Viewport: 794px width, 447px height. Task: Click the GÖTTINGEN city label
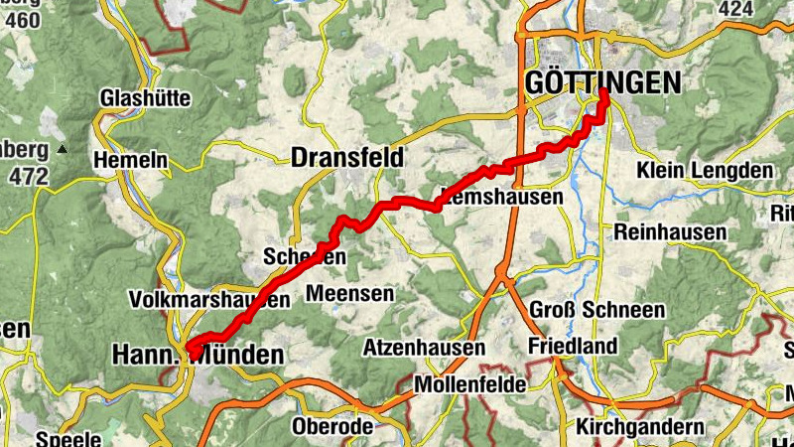[x=603, y=83]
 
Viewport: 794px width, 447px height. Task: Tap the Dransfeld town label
[x=347, y=157]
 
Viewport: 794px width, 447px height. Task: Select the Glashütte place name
[x=145, y=99]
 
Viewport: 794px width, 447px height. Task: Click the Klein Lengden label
[x=705, y=171]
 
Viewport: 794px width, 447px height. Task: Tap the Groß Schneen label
[x=597, y=310]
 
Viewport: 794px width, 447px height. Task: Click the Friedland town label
[x=574, y=347]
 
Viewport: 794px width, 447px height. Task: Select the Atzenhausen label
[x=424, y=348]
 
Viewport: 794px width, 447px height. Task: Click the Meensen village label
[x=350, y=294]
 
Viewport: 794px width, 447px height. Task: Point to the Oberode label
[x=332, y=427]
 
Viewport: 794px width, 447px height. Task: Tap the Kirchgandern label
[x=640, y=427]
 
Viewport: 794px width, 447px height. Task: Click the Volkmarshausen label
[x=209, y=300]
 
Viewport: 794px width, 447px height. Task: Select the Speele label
[x=68, y=438]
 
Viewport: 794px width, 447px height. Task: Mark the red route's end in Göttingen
[x=603, y=94]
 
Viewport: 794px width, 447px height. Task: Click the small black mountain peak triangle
[x=63, y=150]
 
